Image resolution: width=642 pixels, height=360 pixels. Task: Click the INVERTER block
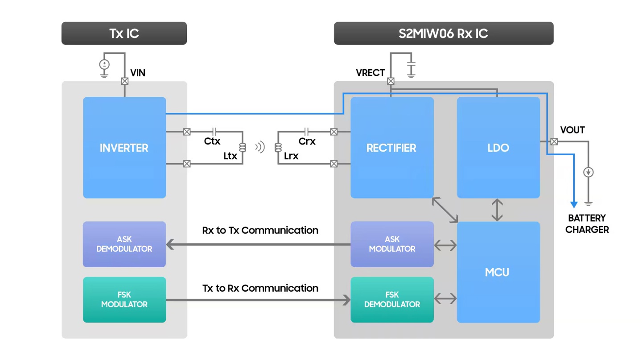click(x=124, y=147)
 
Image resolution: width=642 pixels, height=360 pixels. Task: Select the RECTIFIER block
click(x=391, y=147)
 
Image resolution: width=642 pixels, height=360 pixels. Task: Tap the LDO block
click(x=498, y=147)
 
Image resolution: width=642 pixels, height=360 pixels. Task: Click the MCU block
click(x=498, y=272)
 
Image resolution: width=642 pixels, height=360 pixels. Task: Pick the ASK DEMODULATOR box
click(x=124, y=244)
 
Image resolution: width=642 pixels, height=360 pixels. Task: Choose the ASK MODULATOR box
click(x=391, y=244)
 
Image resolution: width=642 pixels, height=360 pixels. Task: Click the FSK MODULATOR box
click(x=124, y=299)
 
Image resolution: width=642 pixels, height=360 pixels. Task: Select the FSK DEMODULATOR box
click(x=391, y=299)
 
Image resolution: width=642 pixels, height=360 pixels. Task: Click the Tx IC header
click(x=124, y=33)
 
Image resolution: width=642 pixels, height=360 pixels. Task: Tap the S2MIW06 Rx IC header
click(x=443, y=33)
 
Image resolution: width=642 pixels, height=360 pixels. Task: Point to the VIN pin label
click(x=138, y=73)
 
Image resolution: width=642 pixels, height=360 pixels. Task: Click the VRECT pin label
click(x=370, y=73)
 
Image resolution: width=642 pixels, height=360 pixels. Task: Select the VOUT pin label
click(x=572, y=130)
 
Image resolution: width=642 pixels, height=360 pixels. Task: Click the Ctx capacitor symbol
click(x=215, y=132)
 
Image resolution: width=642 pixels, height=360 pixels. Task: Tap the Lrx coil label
click(x=291, y=156)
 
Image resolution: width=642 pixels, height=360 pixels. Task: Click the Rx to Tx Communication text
click(x=260, y=230)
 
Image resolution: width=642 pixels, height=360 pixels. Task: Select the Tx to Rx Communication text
click(x=260, y=288)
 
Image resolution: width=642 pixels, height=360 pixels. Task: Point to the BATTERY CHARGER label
click(x=587, y=224)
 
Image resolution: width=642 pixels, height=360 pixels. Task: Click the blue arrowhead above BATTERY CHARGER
click(x=574, y=204)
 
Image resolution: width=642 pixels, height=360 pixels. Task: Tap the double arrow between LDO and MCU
click(x=497, y=210)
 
